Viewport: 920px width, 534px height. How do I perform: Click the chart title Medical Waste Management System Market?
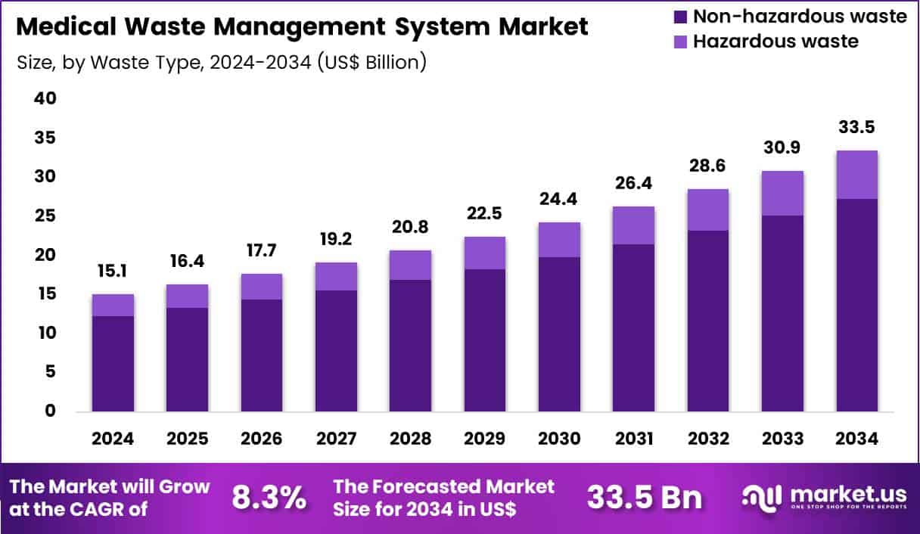click(x=302, y=27)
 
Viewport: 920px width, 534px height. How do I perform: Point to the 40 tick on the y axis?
click(x=45, y=99)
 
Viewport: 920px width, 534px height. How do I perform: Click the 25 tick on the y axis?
click(x=45, y=216)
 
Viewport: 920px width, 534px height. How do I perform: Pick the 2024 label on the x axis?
click(x=113, y=439)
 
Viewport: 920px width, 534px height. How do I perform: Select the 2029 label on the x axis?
click(x=485, y=439)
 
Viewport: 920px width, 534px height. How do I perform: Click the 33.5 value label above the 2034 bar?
click(x=857, y=127)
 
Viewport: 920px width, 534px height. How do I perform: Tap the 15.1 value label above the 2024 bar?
click(x=113, y=270)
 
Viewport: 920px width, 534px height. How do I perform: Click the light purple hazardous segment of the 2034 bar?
click(x=857, y=175)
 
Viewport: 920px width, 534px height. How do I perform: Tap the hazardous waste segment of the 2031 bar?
click(x=634, y=225)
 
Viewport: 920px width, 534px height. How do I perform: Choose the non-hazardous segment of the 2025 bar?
click(x=188, y=359)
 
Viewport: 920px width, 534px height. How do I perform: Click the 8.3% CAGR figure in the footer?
click(x=270, y=498)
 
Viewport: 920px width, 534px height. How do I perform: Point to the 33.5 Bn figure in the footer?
click(x=644, y=498)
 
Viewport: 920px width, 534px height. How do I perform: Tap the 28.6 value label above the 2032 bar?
click(x=708, y=166)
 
